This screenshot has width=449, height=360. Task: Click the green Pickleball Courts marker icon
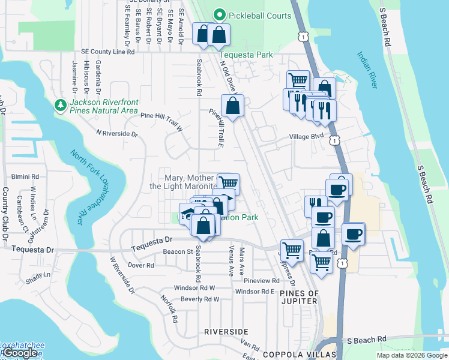point(220,15)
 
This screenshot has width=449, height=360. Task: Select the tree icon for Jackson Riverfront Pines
point(60,106)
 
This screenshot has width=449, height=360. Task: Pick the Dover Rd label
point(141,265)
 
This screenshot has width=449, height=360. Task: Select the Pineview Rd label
point(261,280)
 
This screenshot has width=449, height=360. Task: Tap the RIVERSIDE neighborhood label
point(226,331)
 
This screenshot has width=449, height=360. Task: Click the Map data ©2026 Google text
point(412,355)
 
